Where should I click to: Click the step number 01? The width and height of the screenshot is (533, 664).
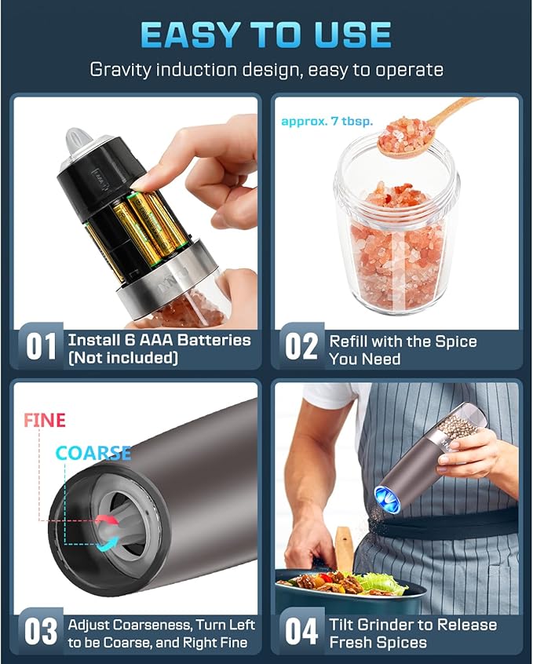(x=41, y=346)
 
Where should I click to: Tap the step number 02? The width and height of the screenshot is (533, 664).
(x=301, y=346)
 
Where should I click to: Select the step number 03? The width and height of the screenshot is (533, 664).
(x=41, y=631)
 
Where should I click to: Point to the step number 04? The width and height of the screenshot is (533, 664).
(x=301, y=631)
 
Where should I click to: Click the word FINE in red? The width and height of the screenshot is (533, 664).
(x=45, y=421)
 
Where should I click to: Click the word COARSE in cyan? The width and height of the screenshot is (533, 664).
(x=93, y=453)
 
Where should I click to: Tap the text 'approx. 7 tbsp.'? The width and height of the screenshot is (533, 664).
(x=327, y=121)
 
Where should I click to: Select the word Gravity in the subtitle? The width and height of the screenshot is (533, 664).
(x=120, y=70)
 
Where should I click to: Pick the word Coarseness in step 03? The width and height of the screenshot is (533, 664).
(x=154, y=626)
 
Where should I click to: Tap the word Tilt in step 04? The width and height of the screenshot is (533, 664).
(x=341, y=625)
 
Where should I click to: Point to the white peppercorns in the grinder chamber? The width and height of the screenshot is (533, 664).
(x=458, y=425)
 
